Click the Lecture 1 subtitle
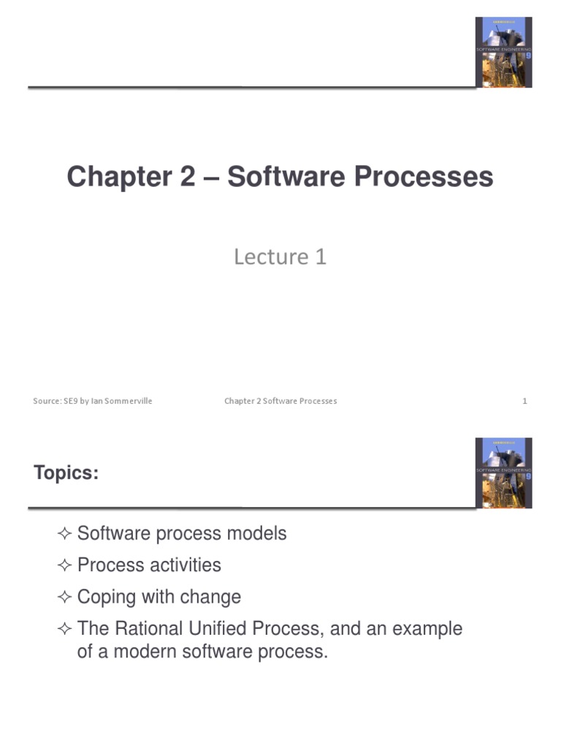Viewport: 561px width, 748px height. click(280, 256)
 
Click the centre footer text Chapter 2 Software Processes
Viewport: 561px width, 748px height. click(280, 401)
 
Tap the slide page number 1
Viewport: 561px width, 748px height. click(524, 401)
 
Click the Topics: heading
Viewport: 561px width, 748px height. click(66, 473)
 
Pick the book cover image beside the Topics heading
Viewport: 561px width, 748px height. click(503, 473)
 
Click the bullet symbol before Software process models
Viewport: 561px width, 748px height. click(64, 534)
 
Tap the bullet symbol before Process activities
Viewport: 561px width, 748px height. click(64, 566)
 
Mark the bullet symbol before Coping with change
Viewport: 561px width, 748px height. click(64, 598)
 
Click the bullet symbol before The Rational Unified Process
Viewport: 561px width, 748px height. click(64, 630)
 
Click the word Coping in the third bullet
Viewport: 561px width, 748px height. click(107, 598)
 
